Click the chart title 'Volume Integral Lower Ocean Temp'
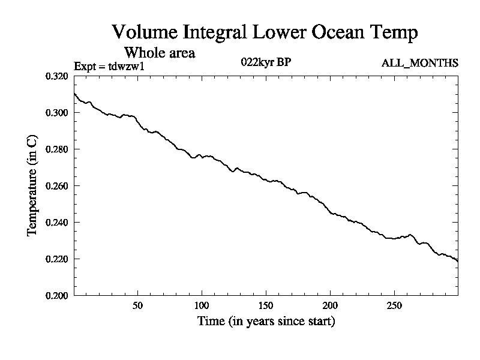pyautogui.click(x=265, y=32)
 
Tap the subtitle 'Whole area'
pyautogui.click(x=159, y=53)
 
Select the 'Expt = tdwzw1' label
pyautogui.click(x=109, y=66)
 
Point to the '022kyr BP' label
pyautogui.click(x=266, y=62)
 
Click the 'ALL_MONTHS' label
pyautogui.click(x=420, y=63)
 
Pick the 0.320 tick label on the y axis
pyautogui.click(x=59, y=76)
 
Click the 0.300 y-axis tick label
pyautogui.click(x=59, y=113)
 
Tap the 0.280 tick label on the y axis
pyautogui.click(x=59, y=149)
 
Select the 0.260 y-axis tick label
pyautogui.click(x=59, y=186)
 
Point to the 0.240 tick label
pyautogui.click(x=59, y=223)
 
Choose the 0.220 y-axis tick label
pyautogui.click(x=59, y=259)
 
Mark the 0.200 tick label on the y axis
pyautogui.click(x=59, y=296)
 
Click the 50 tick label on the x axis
pyautogui.click(x=137, y=305)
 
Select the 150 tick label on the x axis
pyautogui.click(x=266, y=305)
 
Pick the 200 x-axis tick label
pyautogui.click(x=330, y=305)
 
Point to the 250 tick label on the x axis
pyautogui.click(x=394, y=305)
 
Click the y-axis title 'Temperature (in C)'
pyautogui.click(x=33, y=186)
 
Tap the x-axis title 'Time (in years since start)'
pyautogui.click(x=266, y=322)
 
